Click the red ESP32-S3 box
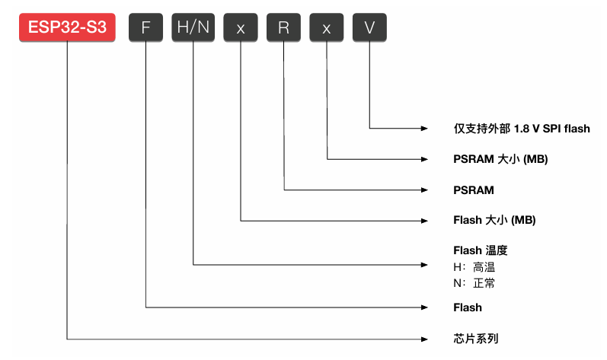68,28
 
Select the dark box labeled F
145,28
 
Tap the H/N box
193,28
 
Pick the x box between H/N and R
241,28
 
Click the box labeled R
283,28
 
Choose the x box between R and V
327,28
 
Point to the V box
369,28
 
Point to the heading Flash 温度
481,250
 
